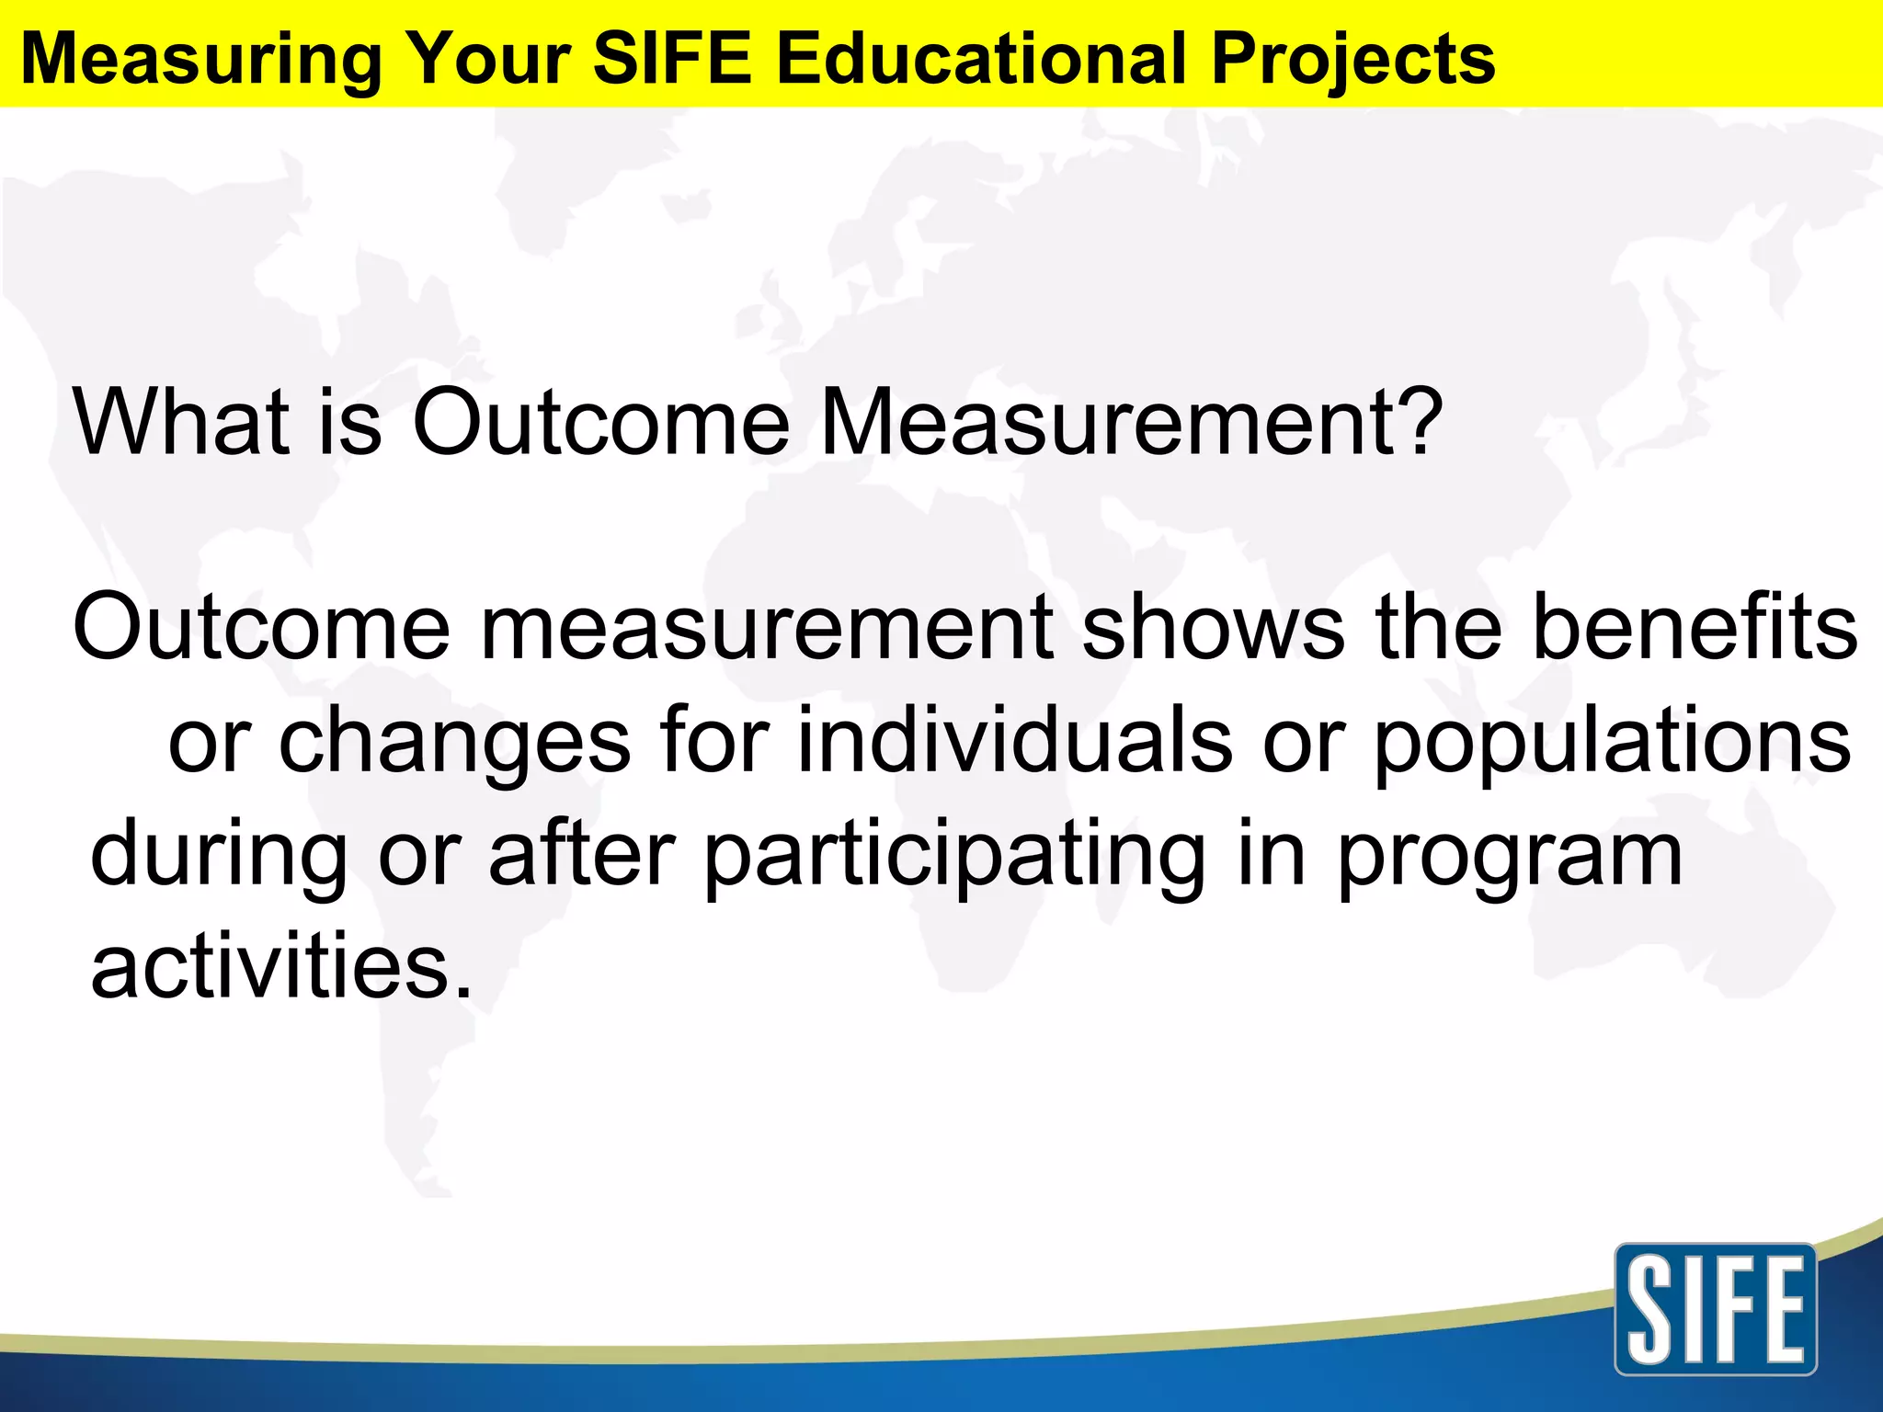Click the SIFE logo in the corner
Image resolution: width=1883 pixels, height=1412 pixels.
[x=1715, y=1309]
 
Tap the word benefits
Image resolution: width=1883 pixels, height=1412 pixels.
[x=1695, y=627]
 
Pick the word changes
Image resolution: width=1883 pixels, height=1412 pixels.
[x=454, y=743]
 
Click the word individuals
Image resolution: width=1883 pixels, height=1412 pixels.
[x=1014, y=741]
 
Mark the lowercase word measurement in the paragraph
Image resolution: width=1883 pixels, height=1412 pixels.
[x=767, y=627]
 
